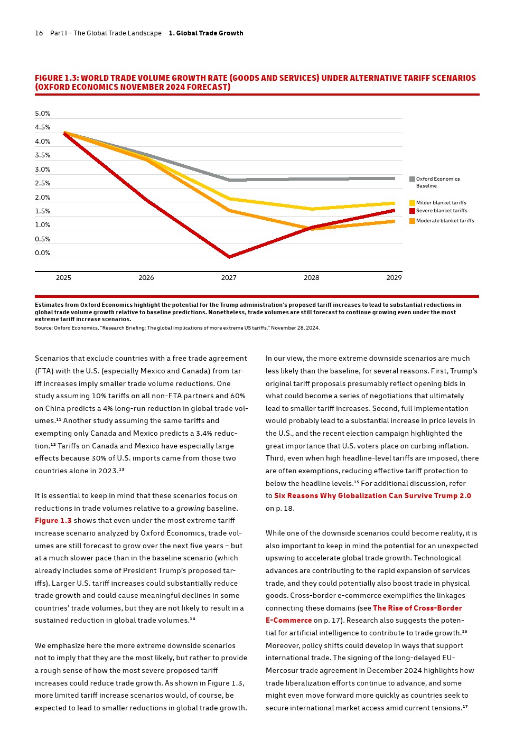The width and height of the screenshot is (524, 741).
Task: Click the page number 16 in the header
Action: [39, 33]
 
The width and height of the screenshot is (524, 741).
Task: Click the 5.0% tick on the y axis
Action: [42, 114]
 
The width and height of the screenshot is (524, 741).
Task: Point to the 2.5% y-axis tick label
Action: [42, 183]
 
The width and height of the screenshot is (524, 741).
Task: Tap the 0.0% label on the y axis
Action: [42, 253]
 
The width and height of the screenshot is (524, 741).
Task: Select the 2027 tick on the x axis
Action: [229, 278]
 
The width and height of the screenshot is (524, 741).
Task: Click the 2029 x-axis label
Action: [394, 278]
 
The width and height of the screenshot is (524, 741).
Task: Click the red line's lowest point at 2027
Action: [229, 257]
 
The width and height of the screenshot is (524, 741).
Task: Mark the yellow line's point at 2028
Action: [312, 209]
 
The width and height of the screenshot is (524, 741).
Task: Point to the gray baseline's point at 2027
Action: [229, 180]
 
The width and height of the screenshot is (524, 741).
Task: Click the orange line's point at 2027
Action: [229, 210]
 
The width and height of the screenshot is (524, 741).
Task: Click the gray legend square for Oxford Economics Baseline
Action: [412, 179]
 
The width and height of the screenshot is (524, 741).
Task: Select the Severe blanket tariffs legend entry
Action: [441, 211]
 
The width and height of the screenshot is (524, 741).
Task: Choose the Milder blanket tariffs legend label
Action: [441, 203]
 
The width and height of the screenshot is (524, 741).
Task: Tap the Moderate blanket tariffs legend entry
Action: [445, 221]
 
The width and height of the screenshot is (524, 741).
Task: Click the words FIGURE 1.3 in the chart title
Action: [56, 78]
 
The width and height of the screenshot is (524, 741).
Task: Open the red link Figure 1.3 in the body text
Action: [53, 521]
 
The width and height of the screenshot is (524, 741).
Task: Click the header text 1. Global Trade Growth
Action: [206, 33]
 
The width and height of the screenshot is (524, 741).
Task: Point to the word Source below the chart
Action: [43, 328]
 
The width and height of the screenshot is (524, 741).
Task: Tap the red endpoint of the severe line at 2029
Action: [394, 211]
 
